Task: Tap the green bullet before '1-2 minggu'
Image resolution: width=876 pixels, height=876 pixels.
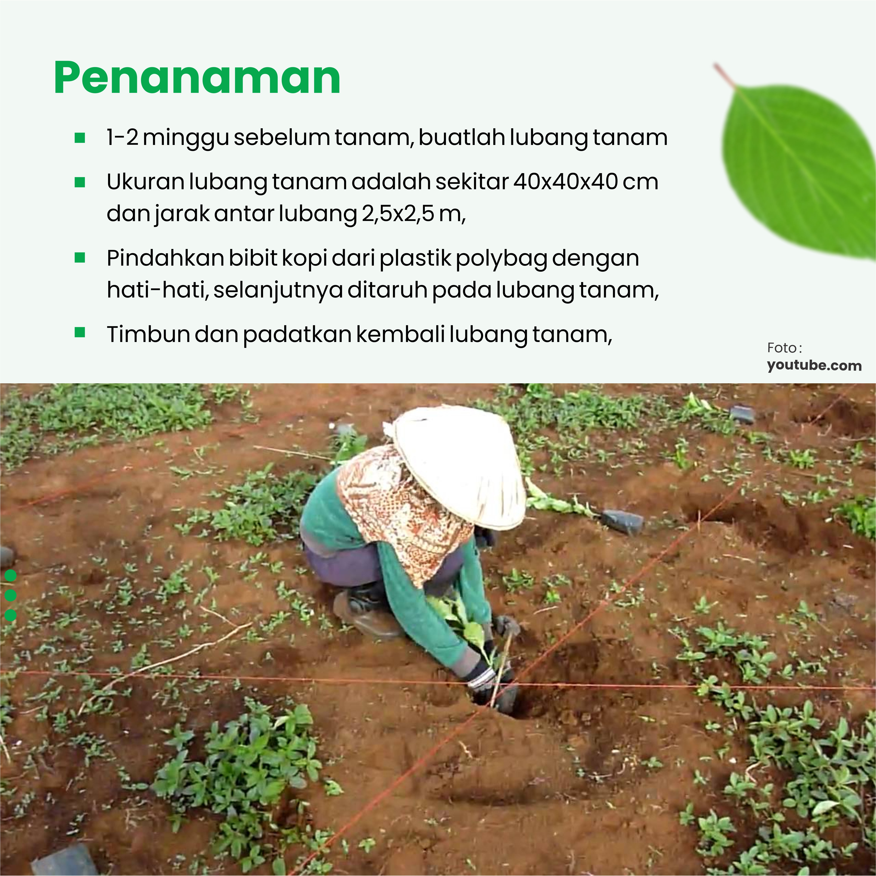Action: [x=80, y=138]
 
